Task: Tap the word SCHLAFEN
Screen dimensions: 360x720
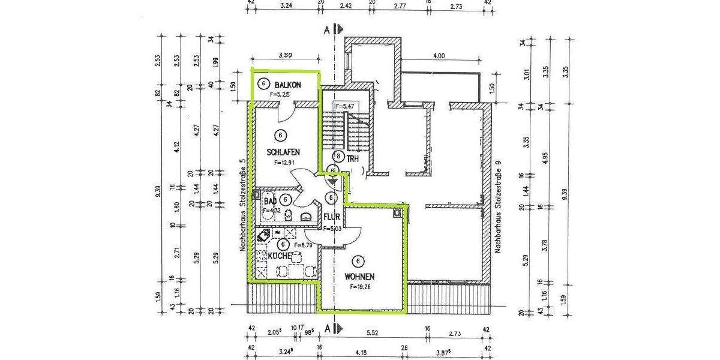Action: pos(283,152)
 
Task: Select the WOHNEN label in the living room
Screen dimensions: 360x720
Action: pos(359,277)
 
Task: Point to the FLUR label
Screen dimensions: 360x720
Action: pos(332,217)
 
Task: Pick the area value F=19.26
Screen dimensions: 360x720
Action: pos(362,287)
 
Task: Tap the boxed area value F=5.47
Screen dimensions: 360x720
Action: pos(346,106)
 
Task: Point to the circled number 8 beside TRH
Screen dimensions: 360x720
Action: pos(339,157)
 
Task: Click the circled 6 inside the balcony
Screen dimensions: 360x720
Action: pos(262,84)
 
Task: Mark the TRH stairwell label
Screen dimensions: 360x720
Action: pos(353,158)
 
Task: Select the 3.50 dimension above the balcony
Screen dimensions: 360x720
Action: pos(285,55)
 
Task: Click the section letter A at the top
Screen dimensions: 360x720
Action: pos(327,29)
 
